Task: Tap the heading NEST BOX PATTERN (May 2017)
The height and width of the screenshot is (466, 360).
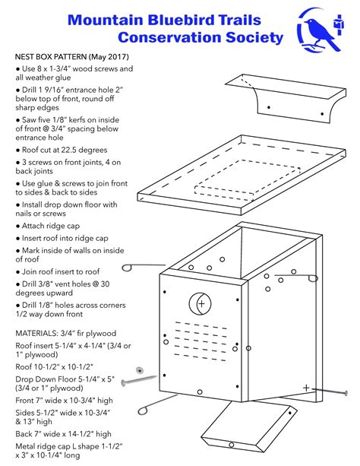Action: click(x=72, y=57)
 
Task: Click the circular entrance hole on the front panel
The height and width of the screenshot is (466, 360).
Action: click(x=202, y=304)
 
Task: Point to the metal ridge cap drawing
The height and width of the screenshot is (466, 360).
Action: click(x=290, y=105)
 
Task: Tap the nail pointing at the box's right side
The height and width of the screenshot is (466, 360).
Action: click(x=331, y=392)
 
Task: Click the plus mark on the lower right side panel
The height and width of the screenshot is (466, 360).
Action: click(x=306, y=388)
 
